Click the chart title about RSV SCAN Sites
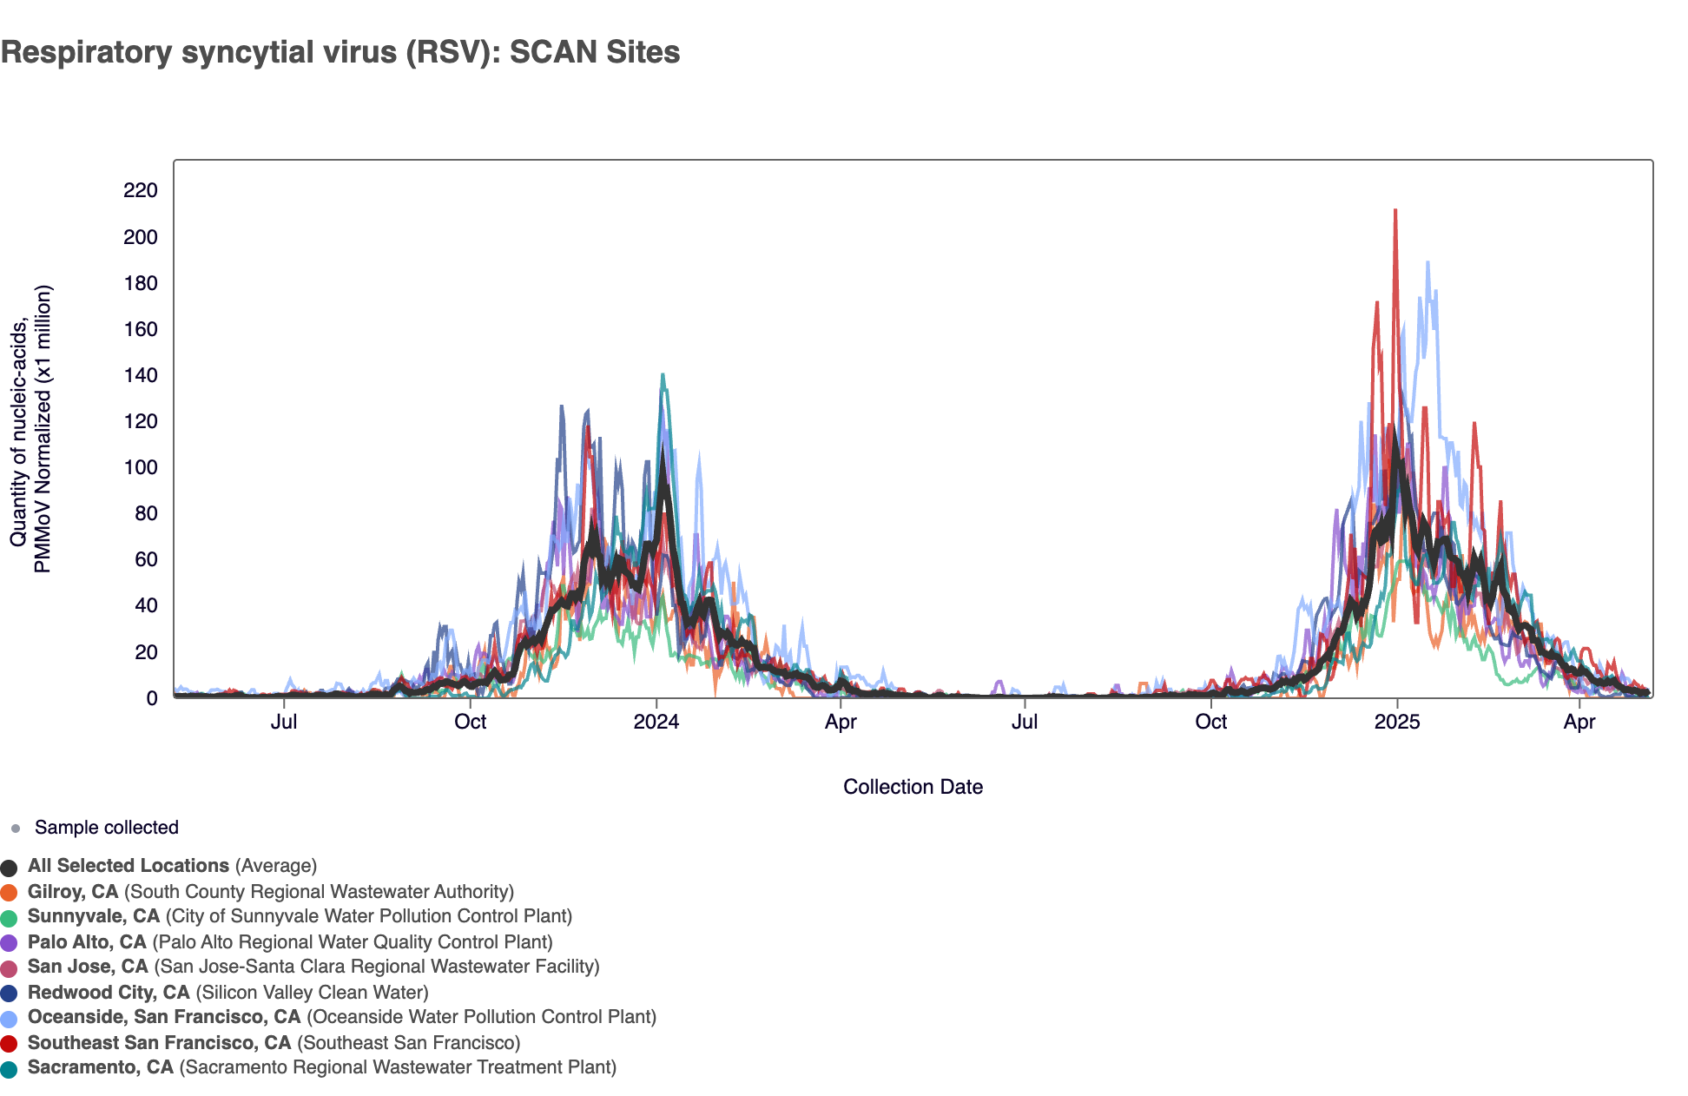coord(340,52)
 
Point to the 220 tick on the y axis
coord(141,190)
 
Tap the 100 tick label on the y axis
coord(141,467)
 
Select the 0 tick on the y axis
coord(152,698)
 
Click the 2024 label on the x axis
coord(656,722)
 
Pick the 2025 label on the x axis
coord(1397,722)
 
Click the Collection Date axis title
coord(913,787)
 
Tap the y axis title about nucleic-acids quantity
coord(31,429)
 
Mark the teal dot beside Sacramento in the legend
coord(10,1069)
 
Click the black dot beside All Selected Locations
coord(10,868)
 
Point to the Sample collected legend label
coord(106,828)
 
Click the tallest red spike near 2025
coord(1395,210)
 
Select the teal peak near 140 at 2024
coord(663,375)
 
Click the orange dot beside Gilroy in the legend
coord(10,893)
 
